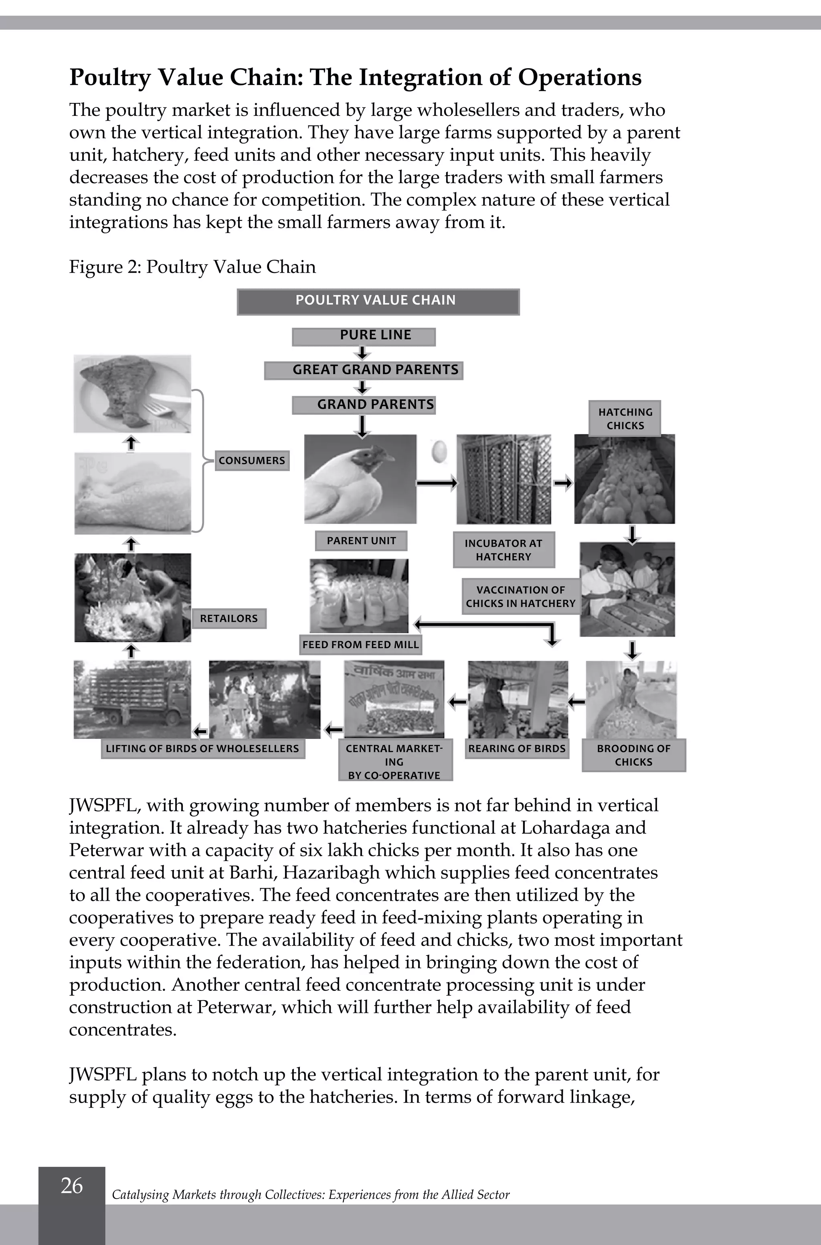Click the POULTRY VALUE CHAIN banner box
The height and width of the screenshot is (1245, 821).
click(x=378, y=301)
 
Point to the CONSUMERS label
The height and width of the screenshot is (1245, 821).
click(x=252, y=461)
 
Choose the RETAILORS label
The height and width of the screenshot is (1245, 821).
click(x=229, y=618)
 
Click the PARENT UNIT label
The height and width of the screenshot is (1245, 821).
click(x=361, y=541)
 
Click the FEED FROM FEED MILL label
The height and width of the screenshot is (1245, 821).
click(x=361, y=645)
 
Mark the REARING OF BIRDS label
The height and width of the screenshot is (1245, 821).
click(x=517, y=749)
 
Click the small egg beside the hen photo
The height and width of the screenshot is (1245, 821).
click(x=439, y=451)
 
